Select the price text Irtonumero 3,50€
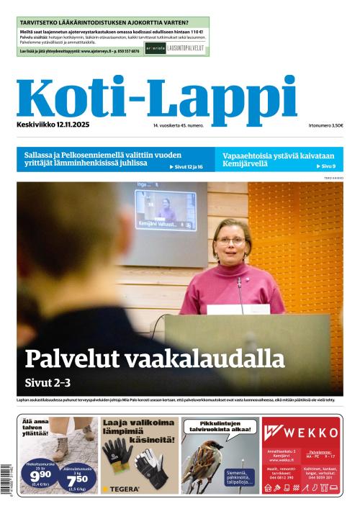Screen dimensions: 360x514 coord(325,125)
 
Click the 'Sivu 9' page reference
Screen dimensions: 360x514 coord(328,166)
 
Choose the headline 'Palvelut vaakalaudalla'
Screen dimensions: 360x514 coord(155,358)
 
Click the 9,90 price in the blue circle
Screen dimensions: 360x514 coord(40,476)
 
